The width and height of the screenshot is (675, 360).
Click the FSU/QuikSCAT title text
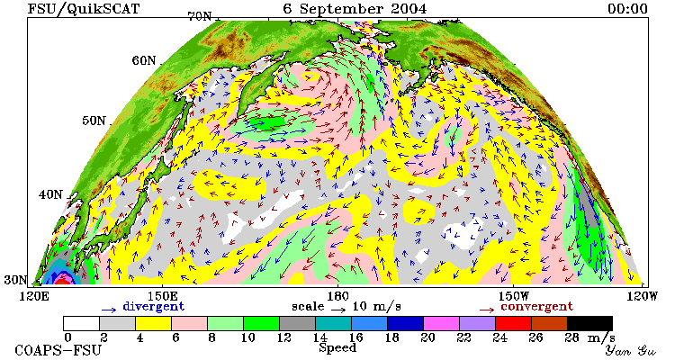click(x=84, y=9)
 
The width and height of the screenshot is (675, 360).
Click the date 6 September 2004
click(x=355, y=9)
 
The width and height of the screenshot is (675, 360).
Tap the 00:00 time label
click(x=627, y=9)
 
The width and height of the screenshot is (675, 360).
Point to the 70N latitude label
click(x=200, y=16)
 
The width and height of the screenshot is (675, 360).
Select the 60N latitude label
click(x=144, y=60)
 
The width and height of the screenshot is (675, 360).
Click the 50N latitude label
click(x=94, y=121)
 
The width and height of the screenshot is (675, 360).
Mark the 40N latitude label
click(x=50, y=194)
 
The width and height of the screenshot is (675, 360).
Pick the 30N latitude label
click(x=16, y=280)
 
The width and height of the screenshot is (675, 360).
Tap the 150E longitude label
click(x=162, y=296)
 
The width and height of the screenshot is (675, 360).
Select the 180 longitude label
click(x=337, y=296)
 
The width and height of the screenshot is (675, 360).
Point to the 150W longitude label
click(x=513, y=296)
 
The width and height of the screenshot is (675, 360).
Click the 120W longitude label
click(x=642, y=296)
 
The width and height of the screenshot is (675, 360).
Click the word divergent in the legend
click(x=154, y=307)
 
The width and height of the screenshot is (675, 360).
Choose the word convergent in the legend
click(x=536, y=307)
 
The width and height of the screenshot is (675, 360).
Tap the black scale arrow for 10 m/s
click(x=338, y=309)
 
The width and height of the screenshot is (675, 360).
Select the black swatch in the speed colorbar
click(x=589, y=323)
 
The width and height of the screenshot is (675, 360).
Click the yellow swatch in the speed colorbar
click(x=154, y=323)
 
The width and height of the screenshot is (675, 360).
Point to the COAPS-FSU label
click(x=58, y=350)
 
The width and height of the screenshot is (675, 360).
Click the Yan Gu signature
click(x=631, y=350)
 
